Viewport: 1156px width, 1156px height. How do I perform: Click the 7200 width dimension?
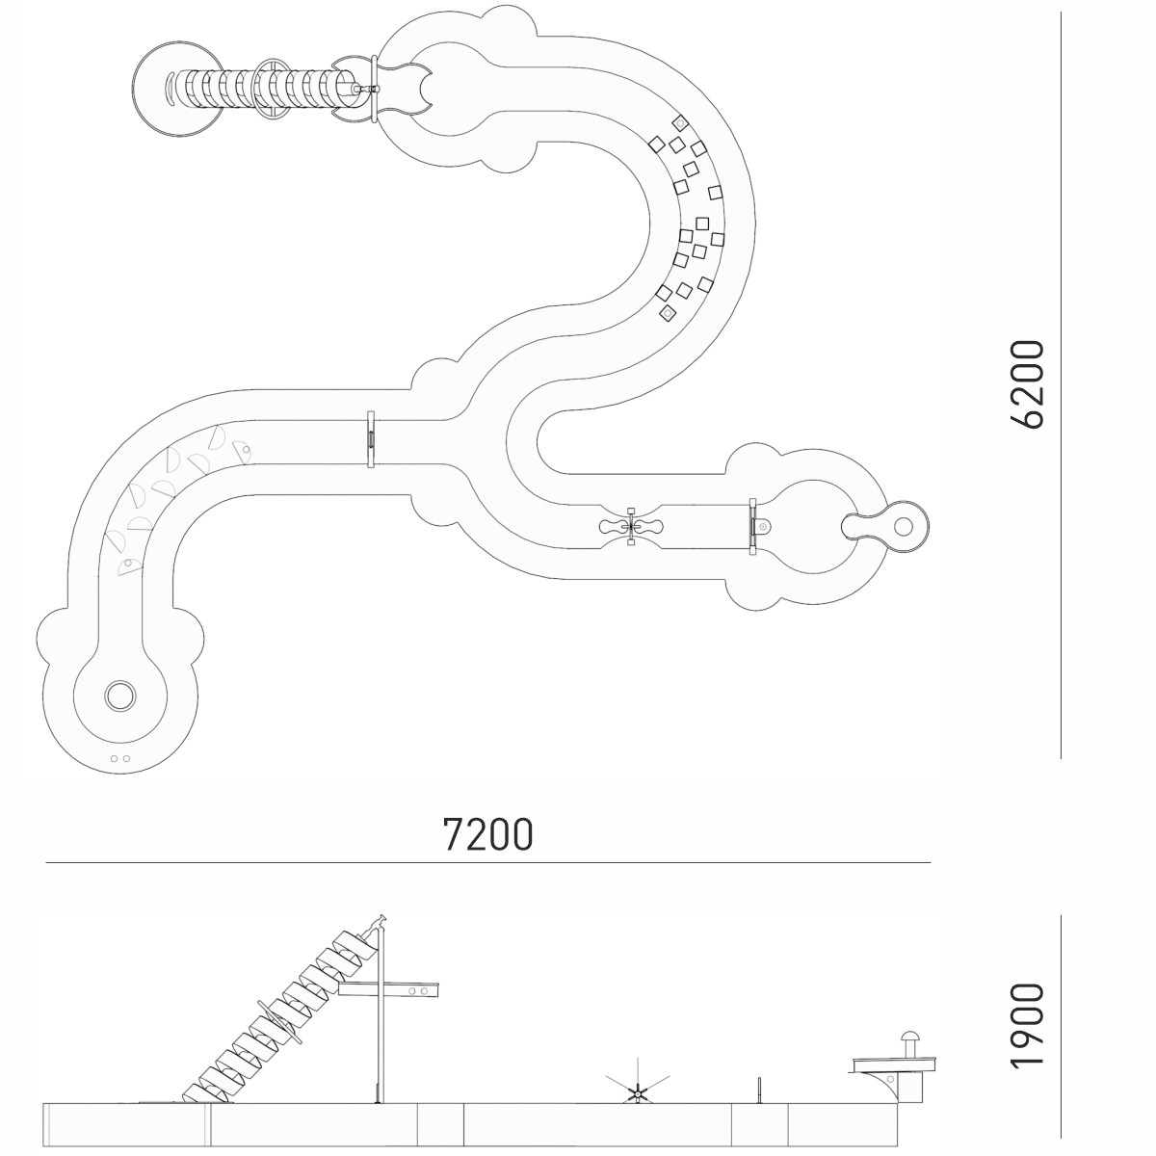[x=487, y=834]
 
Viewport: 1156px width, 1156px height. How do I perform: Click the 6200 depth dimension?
[x=1028, y=384]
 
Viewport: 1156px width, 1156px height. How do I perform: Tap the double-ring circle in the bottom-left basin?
[x=120, y=696]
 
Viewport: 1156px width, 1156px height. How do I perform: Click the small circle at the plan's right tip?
[x=903, y=527]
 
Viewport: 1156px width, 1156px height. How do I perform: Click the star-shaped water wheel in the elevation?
[x=637, y=1093]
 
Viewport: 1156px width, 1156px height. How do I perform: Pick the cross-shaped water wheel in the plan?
[x=631, y=527]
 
